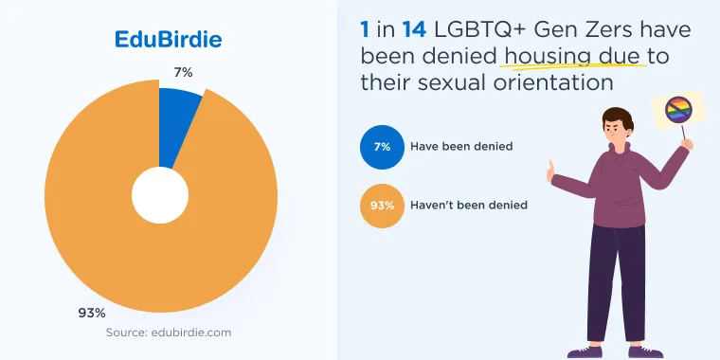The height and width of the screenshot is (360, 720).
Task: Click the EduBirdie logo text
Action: [x=168, y=40]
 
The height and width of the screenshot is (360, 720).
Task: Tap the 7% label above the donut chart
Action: [x=183, y=72]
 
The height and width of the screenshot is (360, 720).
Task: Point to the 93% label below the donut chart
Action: [x=92, y=314]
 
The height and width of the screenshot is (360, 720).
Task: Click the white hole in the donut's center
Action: [x=160, y=195]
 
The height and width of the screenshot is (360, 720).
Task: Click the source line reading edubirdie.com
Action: [x=169, y=332]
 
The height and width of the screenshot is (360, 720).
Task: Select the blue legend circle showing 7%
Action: [x=382, y=147]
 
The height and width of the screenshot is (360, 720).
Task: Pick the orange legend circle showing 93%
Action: [x=382, y=206]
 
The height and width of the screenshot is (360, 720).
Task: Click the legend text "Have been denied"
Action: [x=461, y=147]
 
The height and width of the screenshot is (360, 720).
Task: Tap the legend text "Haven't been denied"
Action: [x=469, y=205]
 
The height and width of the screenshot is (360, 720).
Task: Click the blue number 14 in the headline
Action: [x=414, y=30]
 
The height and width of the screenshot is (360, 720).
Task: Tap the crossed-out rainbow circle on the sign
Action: [x=678, y=110]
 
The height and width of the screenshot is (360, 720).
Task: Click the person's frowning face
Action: [x=614, y=132]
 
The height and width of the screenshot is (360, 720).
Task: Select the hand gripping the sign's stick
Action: [x=687, y=144]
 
